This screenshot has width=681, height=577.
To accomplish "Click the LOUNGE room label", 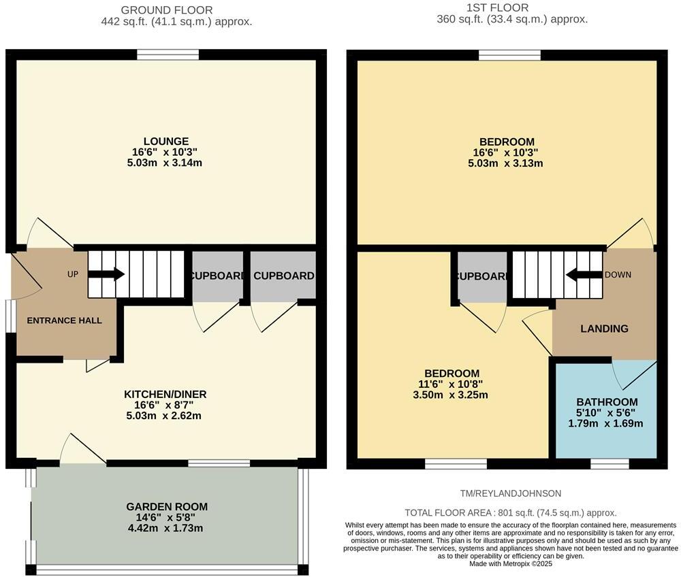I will [166, 142].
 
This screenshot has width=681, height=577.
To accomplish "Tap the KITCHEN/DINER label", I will [165, 395].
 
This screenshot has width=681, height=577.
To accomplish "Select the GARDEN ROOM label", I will [167, 507].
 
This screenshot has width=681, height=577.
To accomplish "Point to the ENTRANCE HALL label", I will [64, 320].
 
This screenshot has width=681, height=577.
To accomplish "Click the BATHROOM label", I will [607, 402].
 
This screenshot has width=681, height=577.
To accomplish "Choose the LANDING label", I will [604, 329].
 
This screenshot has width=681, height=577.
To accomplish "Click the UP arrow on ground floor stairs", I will [106, 274].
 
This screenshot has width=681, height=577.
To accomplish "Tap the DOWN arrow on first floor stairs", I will [580, 275].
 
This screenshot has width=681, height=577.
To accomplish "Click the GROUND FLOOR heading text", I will [166, 10].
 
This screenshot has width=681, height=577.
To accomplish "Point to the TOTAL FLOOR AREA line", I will [511, 513].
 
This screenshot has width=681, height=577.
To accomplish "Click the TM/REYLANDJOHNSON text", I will [511, 493].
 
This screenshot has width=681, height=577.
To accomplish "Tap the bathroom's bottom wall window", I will [609, 463].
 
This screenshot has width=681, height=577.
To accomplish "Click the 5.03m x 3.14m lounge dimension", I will [166, 163].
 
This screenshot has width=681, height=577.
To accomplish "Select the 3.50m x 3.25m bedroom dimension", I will [452, 395].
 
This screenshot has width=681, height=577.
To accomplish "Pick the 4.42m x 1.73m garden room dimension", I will [167, 528].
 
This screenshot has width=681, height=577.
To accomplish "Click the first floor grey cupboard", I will [482, 276].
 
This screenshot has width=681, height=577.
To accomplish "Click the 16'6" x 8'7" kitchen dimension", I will [165, 406].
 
